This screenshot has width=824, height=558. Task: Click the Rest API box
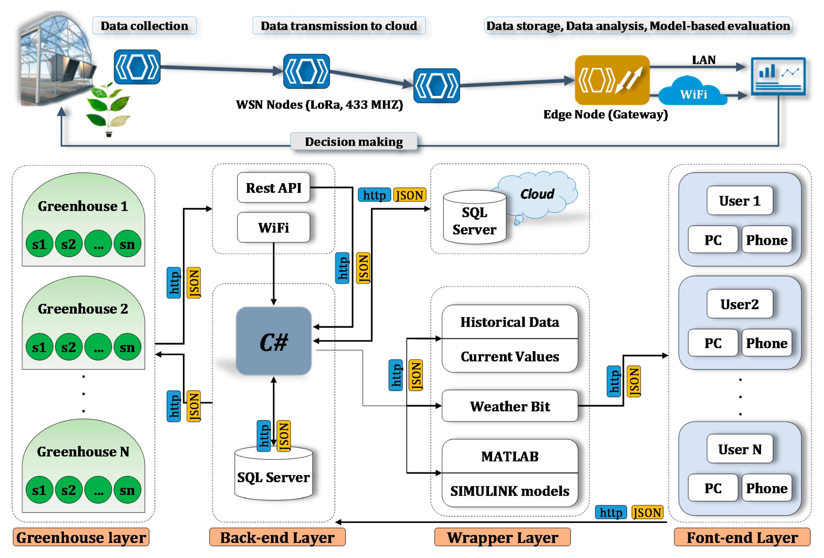coord(273,188)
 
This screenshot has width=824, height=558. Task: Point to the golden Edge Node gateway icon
coord(612,80)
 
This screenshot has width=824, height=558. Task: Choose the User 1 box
coord(740,201)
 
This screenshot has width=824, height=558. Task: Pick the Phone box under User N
coord(767,488)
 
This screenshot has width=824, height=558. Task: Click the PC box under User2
coord(713,343)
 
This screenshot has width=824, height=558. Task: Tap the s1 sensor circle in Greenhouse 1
coord(39,244)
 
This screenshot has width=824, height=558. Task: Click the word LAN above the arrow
coord(703,59)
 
